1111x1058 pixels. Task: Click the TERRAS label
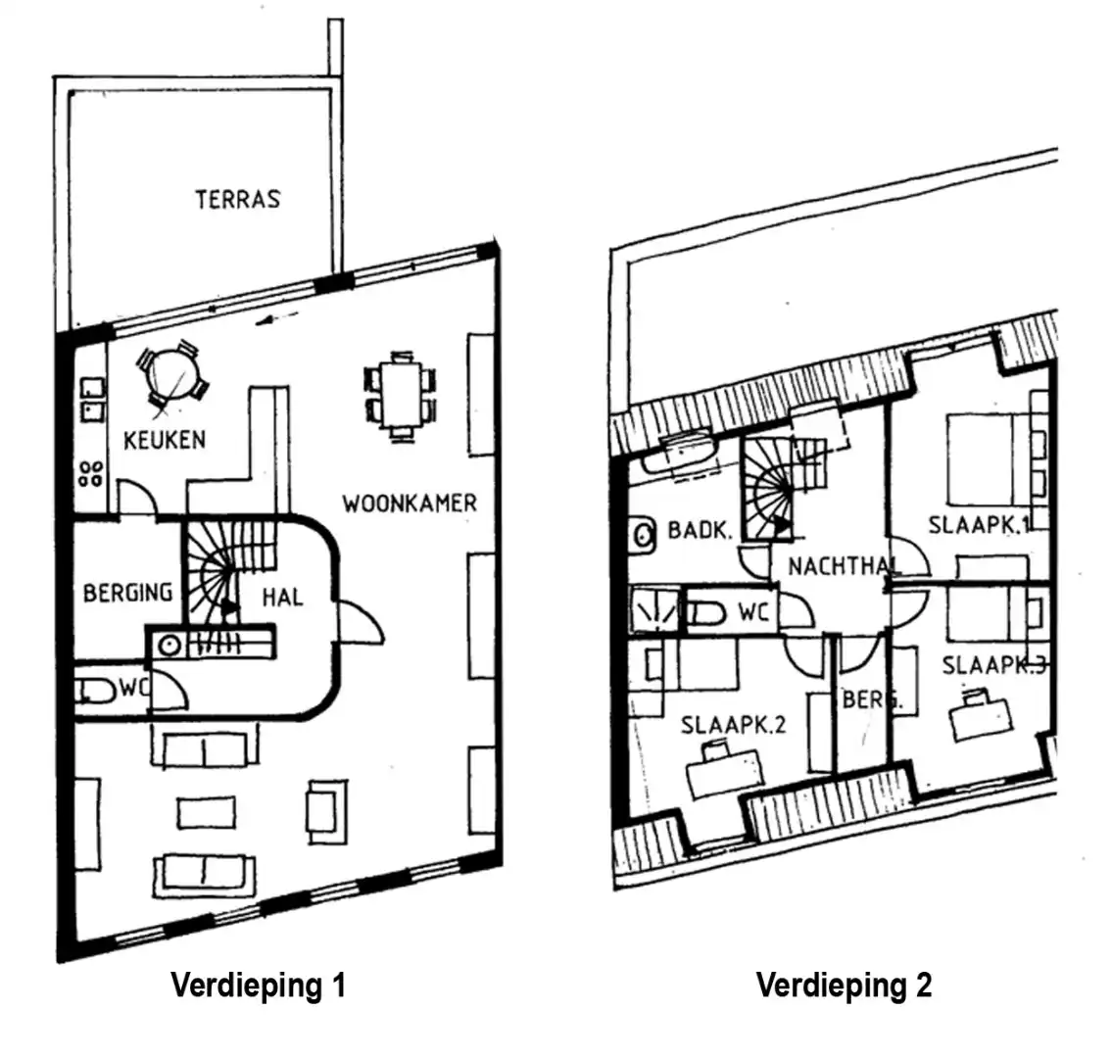[237, 199]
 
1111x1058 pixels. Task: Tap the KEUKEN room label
[165, 440]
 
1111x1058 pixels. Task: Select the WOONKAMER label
[410, 504]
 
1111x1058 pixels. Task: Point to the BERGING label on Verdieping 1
[127, 593]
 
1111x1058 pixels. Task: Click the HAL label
[282, 596]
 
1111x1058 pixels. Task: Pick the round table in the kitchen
[172, 373]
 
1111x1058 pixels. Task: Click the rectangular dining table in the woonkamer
[400, 396]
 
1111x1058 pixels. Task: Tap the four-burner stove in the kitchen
[91, 474]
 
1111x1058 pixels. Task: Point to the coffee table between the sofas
[206, 812]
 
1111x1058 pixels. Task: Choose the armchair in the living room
[325, 810]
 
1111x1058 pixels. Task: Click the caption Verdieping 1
[258, 985]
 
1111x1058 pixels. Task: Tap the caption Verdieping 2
[844, 985]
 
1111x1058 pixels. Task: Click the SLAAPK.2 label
[733, 726]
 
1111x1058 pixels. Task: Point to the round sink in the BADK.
[644, 534]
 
